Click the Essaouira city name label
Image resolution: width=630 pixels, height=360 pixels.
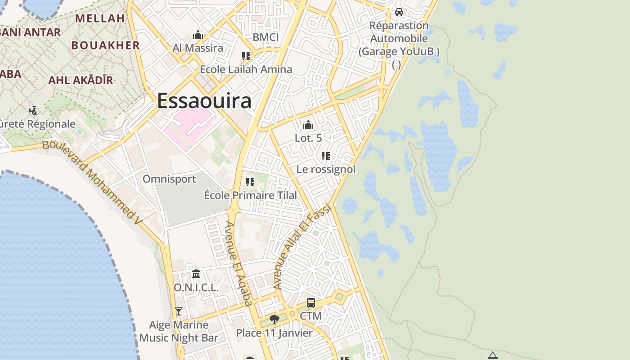tap(204, 101)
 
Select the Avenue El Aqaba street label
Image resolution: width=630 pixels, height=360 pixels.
tap(238, 263)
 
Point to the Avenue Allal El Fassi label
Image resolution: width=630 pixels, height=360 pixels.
tap(302, 247)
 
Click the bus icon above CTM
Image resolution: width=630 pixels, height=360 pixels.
tap(311, 303)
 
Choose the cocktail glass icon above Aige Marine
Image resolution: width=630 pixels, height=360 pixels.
tap(179, 311)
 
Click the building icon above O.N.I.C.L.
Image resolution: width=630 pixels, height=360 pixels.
tap(196, 274)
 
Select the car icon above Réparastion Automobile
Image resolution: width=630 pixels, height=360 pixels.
tap(399, 12)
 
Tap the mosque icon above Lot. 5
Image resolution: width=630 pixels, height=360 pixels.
tap(308, 125)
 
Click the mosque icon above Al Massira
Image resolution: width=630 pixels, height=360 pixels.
tap(198, 35)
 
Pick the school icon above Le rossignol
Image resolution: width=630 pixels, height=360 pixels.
tap(326, 156)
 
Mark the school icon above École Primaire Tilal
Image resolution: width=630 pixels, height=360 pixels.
tap(250, 182)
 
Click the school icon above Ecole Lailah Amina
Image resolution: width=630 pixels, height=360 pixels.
tap(246, 56)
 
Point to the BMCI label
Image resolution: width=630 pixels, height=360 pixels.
tap(265, 37)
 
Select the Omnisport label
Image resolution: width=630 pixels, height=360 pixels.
tap(169, 179)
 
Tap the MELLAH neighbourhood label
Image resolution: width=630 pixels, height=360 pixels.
tap(100, 18)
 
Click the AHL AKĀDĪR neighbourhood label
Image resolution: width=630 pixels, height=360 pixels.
tap(81, 81)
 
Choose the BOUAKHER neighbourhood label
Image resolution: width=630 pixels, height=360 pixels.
tap(106, 45)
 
